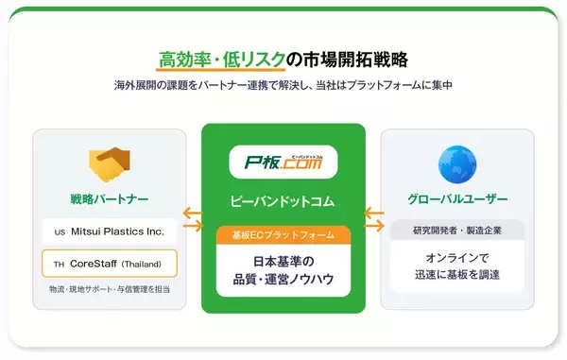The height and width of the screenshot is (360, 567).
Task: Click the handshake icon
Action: coord(110,163)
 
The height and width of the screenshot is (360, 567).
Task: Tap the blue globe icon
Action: coord(457,163)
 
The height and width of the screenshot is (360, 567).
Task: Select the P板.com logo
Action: coord(283,163)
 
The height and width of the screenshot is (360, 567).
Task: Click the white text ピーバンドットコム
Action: coord(283,201)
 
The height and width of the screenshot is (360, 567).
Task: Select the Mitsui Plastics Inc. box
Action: coord(110,231)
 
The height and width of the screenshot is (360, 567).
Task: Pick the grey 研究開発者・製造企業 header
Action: coord(457,230)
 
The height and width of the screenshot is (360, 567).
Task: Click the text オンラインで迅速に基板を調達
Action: coord(457,265)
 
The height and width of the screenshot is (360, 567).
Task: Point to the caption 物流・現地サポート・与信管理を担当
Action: coord(110,288)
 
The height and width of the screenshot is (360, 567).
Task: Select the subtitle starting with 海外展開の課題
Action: coord(283,85)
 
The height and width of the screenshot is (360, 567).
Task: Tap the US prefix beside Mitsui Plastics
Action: coord(59,231)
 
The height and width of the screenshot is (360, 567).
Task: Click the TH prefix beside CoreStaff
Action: coord(59,264)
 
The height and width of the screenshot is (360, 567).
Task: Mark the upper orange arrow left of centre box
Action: coord(193,212)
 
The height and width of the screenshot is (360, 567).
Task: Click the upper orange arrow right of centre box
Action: coord(373,212)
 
